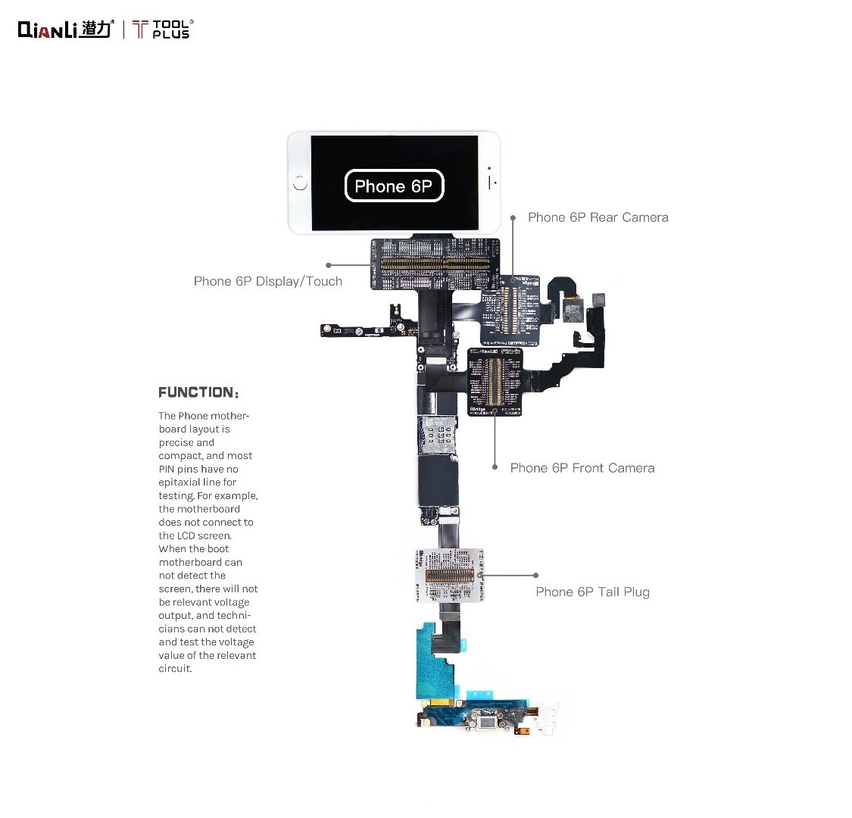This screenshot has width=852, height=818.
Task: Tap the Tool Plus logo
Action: tap(163, 30)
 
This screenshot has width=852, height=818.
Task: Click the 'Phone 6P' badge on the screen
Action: tap(394, 186)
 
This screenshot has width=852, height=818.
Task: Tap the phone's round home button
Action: tap(300, 183)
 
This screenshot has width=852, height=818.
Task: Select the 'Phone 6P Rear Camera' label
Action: tap(598, 217)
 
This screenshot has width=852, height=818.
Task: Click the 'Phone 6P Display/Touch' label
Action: tap(268, 281)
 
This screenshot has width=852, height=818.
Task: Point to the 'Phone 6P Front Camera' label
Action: tap(582, 468)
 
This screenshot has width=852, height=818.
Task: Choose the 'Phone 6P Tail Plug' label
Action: tap(592, 592)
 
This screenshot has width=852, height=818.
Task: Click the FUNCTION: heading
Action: tap(198, 392)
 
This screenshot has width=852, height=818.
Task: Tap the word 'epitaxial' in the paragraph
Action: tap(179, 482)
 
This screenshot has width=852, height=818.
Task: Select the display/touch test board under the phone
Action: tap(435, 264)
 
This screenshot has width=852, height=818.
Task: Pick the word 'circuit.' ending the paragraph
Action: tap(175, 669)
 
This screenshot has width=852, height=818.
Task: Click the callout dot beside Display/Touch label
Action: tap(329, 265)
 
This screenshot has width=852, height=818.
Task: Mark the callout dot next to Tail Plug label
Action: tap(535, 576)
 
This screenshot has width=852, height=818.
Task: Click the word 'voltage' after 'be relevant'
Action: tap(232, 602)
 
